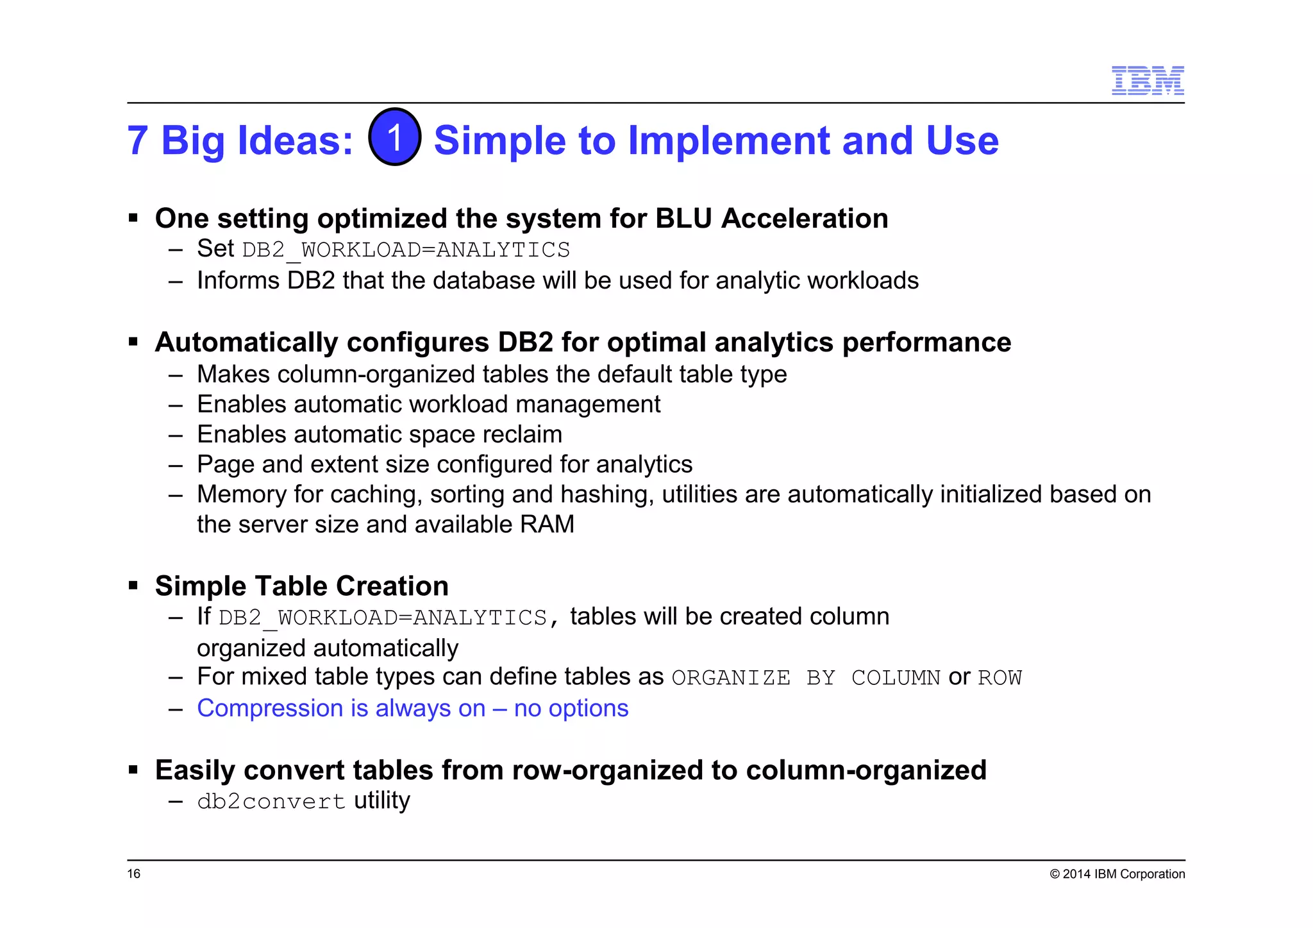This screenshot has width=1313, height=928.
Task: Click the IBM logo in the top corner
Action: point(1147,81)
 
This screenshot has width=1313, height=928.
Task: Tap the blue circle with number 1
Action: point(395,137)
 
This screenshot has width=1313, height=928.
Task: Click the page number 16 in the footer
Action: point(133,873)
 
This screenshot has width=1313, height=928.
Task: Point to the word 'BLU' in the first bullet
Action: point(684,219)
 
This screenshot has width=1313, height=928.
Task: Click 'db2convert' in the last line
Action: point(271,802)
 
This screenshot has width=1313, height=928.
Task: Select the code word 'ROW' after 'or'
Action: point(999,678)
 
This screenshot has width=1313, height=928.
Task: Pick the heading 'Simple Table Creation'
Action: point(301,586)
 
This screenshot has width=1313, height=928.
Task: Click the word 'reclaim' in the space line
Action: point(522,435)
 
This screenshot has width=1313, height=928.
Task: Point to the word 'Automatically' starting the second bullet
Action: point(246,342)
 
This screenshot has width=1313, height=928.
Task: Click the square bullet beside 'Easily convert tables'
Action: point(133,770)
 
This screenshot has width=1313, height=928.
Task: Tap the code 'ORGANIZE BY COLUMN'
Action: point(805,678)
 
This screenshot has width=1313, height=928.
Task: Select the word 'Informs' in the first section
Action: point(238,281)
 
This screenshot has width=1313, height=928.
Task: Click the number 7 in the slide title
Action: point(138,141)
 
